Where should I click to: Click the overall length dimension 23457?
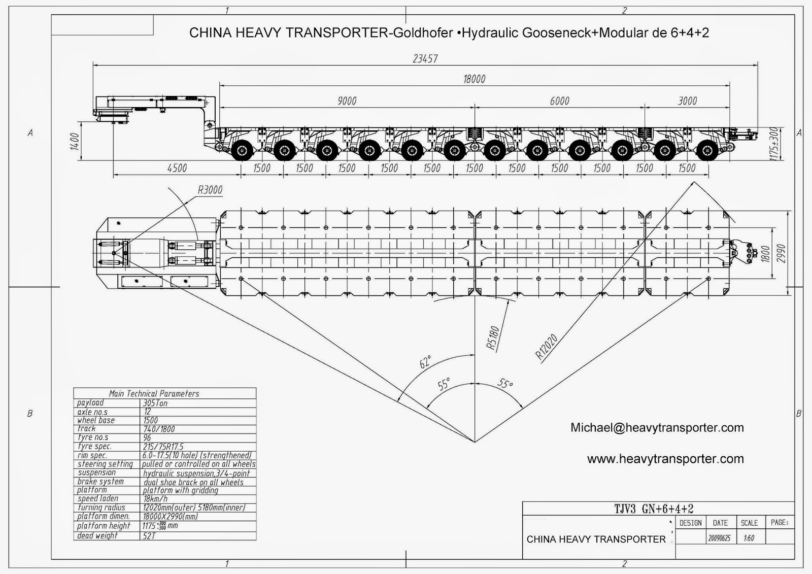point(425,58)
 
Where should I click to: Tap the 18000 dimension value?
point(474,79)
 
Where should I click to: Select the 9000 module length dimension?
point(347,100)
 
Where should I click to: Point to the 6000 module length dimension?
point(559,100)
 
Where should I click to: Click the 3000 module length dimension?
point(688,100)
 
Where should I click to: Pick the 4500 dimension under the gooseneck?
point(177,168)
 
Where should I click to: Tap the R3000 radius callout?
point(210,190)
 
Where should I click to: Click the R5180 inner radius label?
point(493,338)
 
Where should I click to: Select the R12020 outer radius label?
point(547,347)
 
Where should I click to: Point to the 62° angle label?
point(425,362)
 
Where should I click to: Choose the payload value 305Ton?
point(155,403)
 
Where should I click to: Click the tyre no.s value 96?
point(147,437)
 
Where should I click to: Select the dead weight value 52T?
point(149,535)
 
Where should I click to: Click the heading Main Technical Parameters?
point(154,393)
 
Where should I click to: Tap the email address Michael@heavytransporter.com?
point(657,428)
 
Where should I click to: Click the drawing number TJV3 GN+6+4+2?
point(654,509)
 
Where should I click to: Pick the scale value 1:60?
point(749,538)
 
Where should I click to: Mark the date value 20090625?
point(719,538)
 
